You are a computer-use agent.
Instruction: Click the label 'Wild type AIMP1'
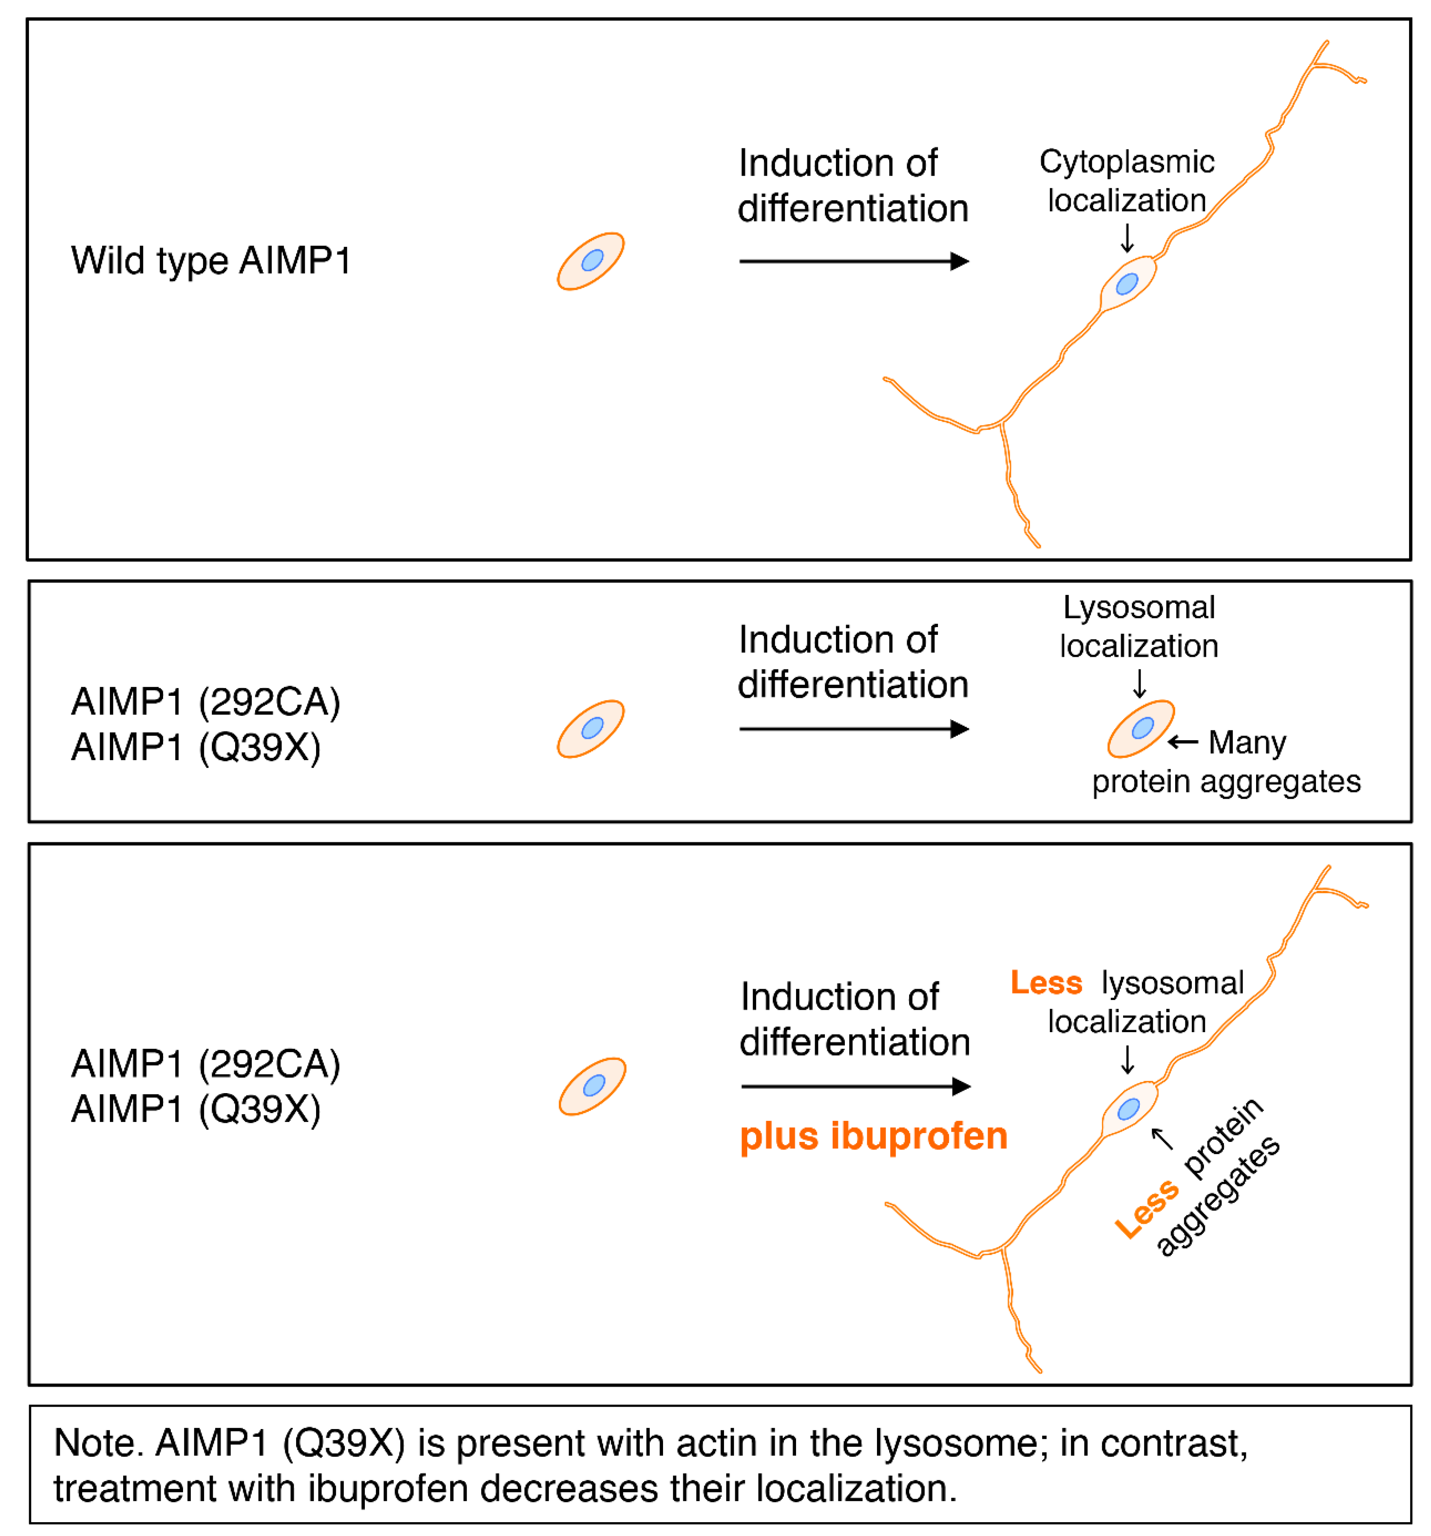pos(211,260)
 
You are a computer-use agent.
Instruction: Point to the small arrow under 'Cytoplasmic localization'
pos(1127,238)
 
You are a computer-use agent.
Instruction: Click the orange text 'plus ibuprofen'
pos(873,1136)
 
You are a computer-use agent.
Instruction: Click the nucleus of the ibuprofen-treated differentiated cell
pos(1128,1109)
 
